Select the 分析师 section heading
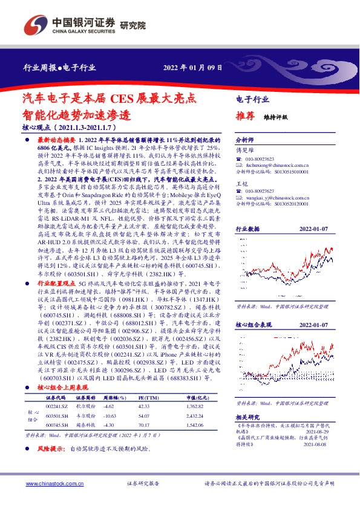tap(245, 138)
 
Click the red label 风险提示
tap(52, 449)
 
